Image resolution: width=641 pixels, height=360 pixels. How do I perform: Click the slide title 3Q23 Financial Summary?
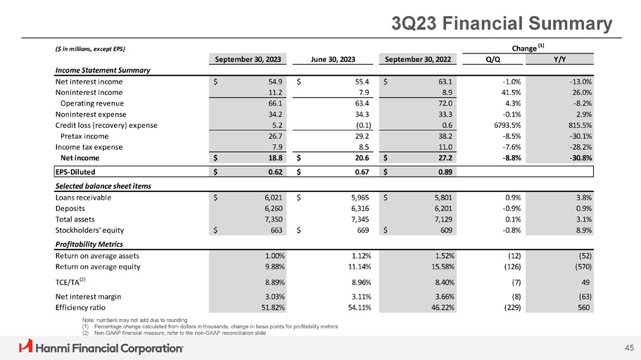(x=501, y=23)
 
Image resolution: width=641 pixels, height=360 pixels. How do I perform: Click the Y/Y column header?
(x=562, y=59)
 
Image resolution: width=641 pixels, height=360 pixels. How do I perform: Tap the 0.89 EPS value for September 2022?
(x=443, y=171)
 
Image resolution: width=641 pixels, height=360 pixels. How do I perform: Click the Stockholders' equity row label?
(x=92, y=230)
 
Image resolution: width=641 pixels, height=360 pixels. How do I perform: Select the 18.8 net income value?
(x=276, y=158)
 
